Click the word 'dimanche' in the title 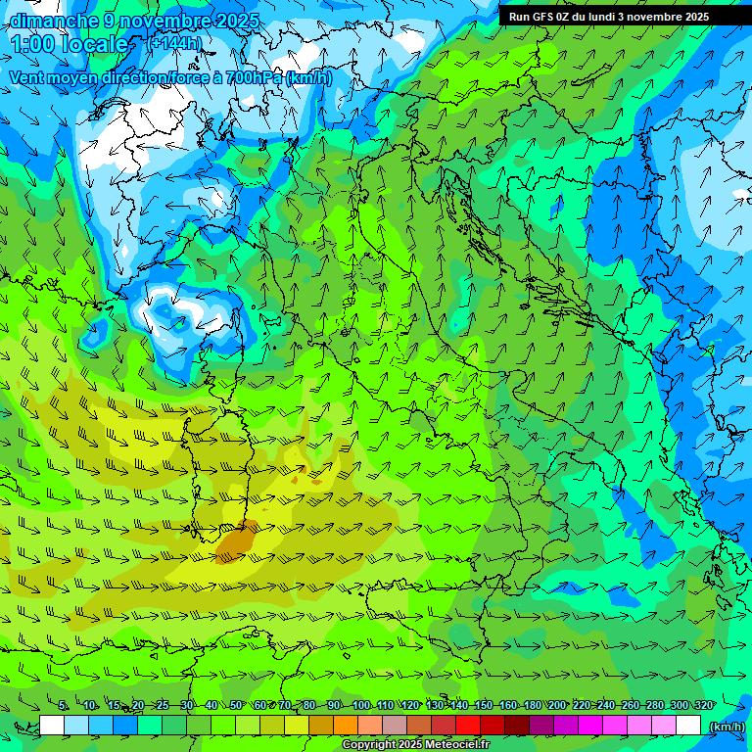tap(54, 21)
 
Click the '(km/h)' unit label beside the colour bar tap(726, 727)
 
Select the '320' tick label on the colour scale tap(702, 705)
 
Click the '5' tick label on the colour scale tap(63, 705)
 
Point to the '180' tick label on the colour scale tap(531, 705)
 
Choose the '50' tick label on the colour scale tap(236, 705)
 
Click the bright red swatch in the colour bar tap(468, 726)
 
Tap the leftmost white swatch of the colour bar tap(52, 726)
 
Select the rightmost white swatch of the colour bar tap(688, 726)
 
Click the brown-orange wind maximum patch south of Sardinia tap(236, 541)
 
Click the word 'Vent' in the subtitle tap(27, 76)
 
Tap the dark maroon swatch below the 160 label tap(517, 726)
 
